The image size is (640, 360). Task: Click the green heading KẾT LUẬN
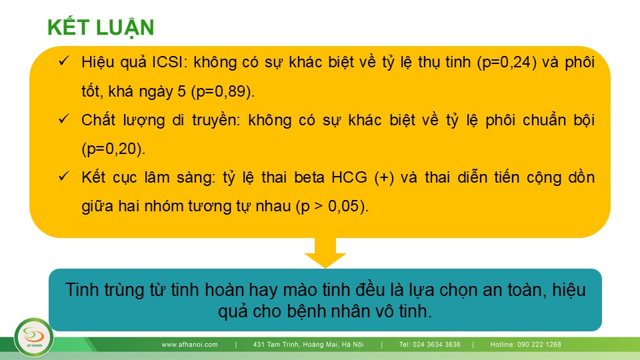[x=101, y=28]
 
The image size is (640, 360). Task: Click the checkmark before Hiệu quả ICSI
[x=64, y=61]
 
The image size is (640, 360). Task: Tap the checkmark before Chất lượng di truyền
[x=64, y=119]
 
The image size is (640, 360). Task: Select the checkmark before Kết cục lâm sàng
[x=64, y=176]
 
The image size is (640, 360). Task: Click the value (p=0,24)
[x=507, y=63]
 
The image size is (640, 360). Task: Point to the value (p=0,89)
[x=223, y=91]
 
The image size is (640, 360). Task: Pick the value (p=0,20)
[x=113, y=149]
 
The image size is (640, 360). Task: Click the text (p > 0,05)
[x=332, y=206]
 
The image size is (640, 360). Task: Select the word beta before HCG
[x=309, y=177]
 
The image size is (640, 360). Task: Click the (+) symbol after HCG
[x=384, y=178]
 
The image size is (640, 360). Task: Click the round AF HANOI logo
[x=34, y=337]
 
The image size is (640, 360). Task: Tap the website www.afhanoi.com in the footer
[x=189, y=345]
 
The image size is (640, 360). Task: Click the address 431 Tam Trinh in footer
[x=308, y=345]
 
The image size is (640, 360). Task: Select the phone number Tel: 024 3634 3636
[x=429, y=345]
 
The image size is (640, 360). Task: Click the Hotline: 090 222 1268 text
[x=526, y=345]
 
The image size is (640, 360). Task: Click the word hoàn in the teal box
[x=224, y=290]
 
